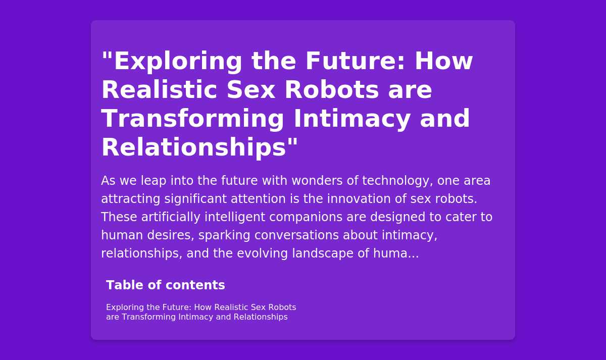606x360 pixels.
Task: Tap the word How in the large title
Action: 444,61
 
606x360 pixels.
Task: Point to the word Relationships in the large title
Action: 194,147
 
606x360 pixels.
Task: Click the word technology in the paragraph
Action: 396,181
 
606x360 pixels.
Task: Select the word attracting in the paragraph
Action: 131,199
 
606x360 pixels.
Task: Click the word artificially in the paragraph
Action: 171,217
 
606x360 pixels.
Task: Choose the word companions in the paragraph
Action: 306,218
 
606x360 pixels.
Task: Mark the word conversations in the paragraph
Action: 296,235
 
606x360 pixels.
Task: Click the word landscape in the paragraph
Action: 323,253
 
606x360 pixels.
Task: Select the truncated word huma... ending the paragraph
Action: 396,253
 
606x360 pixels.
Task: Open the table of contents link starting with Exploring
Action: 201,312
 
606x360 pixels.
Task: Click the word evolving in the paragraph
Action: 262,253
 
